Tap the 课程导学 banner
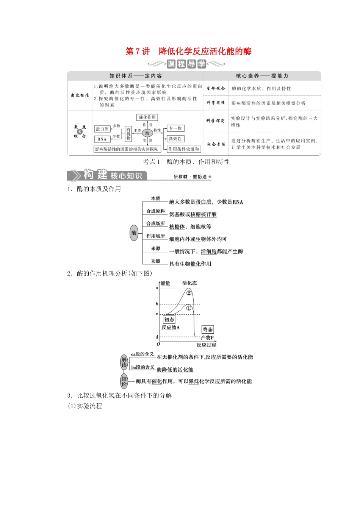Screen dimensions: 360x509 point(186,64)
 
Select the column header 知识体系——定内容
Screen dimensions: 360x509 point(135,76)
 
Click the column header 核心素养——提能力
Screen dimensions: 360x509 point(262,76)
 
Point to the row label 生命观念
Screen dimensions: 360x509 point(216,88)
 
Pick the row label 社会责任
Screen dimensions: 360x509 point(216,144)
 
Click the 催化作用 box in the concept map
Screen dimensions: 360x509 point(147,117)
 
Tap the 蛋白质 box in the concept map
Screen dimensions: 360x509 point(102,129)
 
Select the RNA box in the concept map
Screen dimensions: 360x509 point(102,139)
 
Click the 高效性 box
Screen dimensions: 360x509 point(175,139)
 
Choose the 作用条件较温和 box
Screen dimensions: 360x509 point(183,149)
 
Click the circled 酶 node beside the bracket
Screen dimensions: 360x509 point(134,233)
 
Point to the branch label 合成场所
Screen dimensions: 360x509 point(156,223)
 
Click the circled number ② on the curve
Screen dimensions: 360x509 point(189,292)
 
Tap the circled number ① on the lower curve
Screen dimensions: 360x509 point(188,308)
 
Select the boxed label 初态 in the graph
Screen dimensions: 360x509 point(169,320)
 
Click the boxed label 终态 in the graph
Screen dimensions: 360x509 point(208,329)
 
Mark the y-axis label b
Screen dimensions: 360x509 point(157,304)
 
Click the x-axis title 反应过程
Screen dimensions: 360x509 point(207,345)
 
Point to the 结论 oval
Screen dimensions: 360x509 point(124,381)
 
